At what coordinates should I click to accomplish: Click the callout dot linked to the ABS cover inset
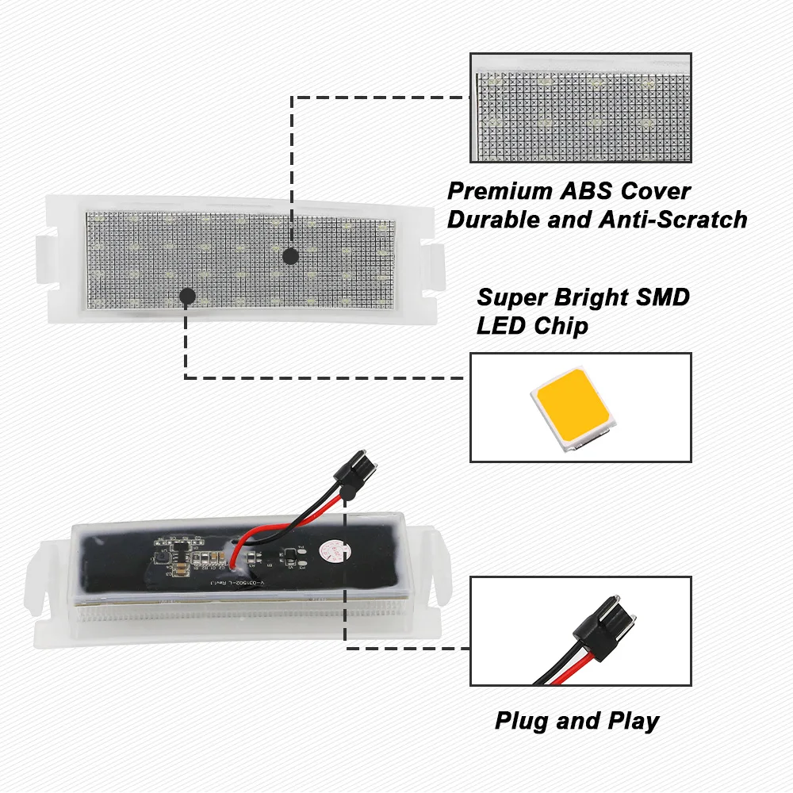coord(290,256)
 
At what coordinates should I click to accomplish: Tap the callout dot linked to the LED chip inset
coord(188,297)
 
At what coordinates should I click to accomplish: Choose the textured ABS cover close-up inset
coord(580,108)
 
